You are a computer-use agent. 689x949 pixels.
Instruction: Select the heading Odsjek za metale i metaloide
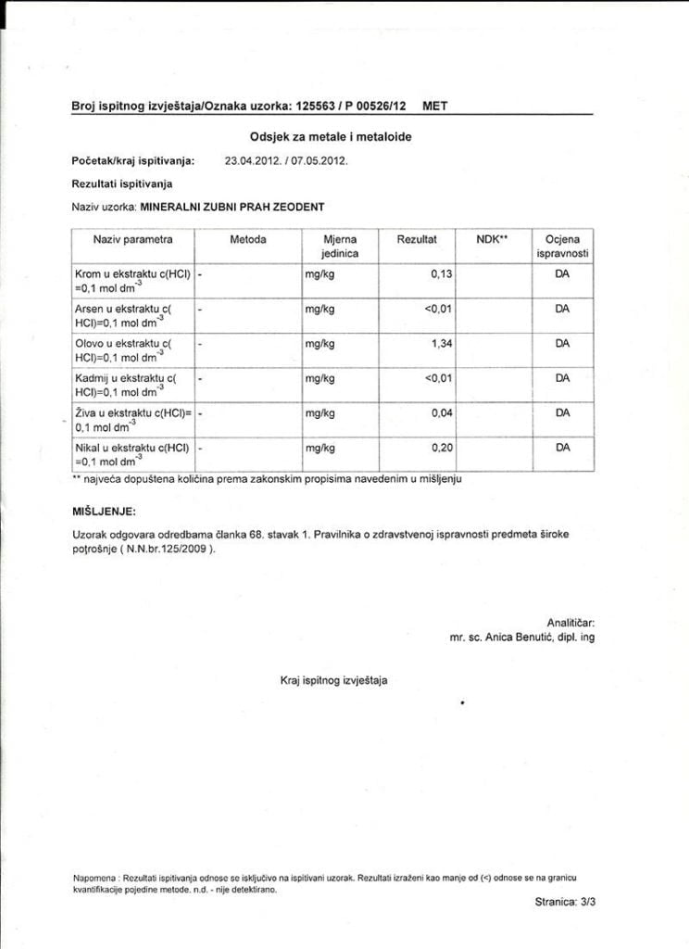(331, 136)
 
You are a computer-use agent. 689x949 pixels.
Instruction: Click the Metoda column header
(247, 240)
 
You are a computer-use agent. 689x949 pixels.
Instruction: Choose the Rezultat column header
(417, 240)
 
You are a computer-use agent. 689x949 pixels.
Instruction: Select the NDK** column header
(493, 240)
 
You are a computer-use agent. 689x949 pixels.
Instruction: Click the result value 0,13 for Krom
(441, 275)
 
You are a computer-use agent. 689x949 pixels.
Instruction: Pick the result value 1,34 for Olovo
(441, 344)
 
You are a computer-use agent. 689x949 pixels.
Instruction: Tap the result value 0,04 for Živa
(441, 413)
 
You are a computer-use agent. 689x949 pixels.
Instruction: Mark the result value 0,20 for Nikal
(441, 448)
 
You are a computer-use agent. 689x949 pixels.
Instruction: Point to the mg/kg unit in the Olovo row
(319, 344)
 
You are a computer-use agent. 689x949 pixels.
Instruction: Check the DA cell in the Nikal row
(562, 448)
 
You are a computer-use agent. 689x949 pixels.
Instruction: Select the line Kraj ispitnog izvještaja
(334, 681)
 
